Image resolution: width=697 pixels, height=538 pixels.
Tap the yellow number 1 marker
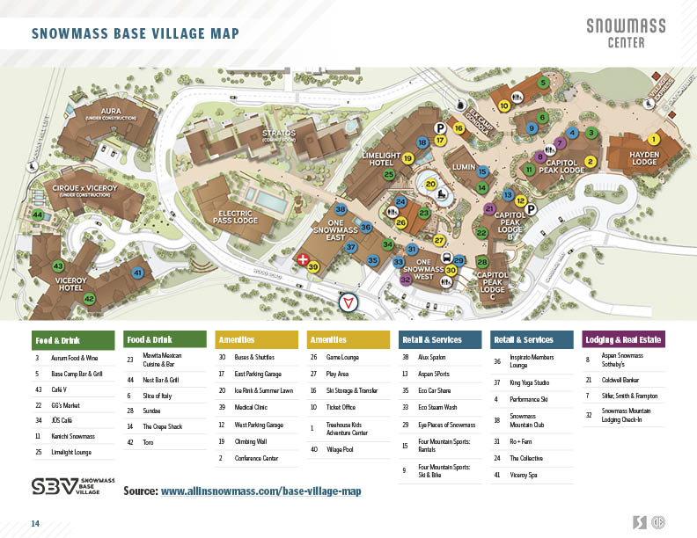pos(653,139)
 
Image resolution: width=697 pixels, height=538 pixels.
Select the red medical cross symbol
pos(303,260)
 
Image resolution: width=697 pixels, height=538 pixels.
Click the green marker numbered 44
pos(38,214)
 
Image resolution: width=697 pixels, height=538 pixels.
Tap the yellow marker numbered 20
pos(430,185)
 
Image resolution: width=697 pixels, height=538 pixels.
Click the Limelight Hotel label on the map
pos(381,160)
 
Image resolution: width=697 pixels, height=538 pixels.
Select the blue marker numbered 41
pos(137,273)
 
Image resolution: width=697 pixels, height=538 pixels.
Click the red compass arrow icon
pos(350,302)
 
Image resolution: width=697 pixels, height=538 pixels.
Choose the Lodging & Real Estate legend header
pos(624,339)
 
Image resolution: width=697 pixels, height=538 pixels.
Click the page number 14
pos(36,524)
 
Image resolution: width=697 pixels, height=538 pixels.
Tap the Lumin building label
pos(464,165)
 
